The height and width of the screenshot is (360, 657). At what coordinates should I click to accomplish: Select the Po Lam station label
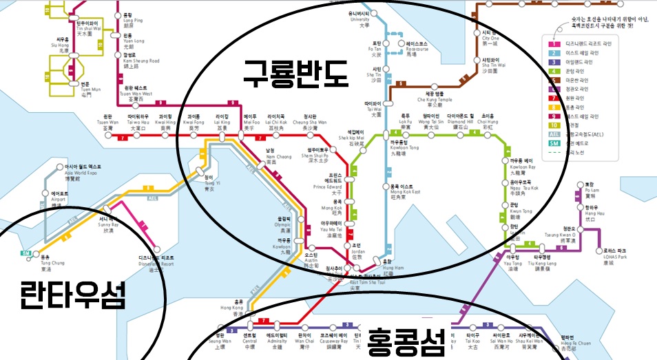click(x=589, y=188)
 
